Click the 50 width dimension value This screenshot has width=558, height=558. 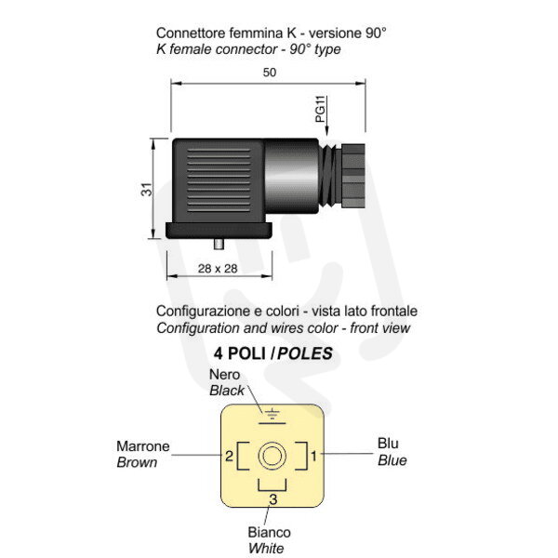tap(270, 73)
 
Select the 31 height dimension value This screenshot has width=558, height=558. tap(146, 190)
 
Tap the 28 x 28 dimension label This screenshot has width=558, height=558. tap(218, 269)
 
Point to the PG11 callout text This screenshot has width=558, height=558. tap(320, 109)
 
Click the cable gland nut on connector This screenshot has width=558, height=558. tap(352, 176)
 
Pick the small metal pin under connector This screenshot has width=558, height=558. tap(219, 244)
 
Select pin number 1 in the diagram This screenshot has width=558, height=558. tap(314, 456)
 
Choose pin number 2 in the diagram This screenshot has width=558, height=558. tap(229, 456)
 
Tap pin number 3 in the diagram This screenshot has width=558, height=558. tap(272, 499)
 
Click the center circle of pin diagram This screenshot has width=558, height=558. tap(272, 456)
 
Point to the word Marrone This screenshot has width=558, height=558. tap(143, 446)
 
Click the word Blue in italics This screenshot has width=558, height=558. tap(392, 460)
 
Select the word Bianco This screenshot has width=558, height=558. tap(270, 532)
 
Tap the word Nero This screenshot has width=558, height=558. tap(224, 375)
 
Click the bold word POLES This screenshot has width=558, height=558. tap(305, 353)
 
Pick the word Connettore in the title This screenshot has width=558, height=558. tap(191, 33)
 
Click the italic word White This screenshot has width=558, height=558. tap(266, 549)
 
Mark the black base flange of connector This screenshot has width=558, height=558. tap(219, 231)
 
